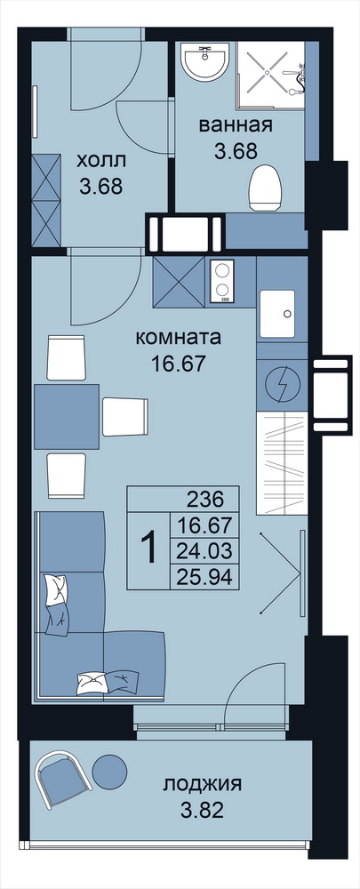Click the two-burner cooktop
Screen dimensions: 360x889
pos(222,281)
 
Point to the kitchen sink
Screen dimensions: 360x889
pos(277,313)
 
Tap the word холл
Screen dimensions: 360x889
pos(101,162)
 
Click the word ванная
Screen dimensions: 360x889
pos(236,125)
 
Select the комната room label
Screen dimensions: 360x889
pos(178,339)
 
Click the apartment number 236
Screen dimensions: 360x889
pos(205,500)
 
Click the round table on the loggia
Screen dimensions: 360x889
pos(109,771)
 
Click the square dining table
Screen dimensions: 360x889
pos(67,417)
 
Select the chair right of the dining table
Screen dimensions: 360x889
pos(125,417)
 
